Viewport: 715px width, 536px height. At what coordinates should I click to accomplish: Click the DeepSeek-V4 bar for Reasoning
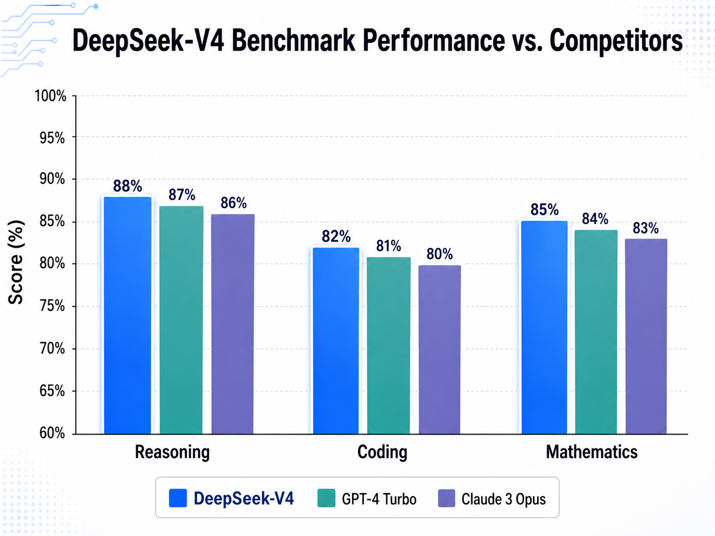pos(127,316)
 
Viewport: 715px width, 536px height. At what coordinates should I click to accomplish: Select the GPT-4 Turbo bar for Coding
pos(389,345)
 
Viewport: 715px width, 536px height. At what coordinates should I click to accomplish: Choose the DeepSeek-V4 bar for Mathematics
pos(545,328)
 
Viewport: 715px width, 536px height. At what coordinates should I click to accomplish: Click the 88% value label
pos(127,186)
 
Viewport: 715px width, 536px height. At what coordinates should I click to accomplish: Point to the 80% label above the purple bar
pos(439,254)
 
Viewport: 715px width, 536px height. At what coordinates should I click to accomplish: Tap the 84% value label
pos(595,219)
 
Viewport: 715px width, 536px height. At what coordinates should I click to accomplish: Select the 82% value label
pos(336,236)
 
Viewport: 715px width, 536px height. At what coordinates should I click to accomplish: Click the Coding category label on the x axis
pos(382,452)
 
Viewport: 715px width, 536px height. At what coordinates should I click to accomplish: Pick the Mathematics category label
pos(592,452)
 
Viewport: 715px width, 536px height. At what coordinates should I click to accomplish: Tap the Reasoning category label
pos(172,452)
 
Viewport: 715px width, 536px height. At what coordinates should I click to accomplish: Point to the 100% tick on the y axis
pos(50,96)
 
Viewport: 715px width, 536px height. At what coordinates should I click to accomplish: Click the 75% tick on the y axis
pos(52,306)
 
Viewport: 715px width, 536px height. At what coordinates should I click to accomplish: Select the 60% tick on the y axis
pos(52,433)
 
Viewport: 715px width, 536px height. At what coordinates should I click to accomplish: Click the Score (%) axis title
pos(16,262)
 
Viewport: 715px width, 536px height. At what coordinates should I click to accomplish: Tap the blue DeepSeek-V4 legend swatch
pos(178,498)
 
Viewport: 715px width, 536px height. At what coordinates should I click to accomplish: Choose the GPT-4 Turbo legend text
pos(379,499)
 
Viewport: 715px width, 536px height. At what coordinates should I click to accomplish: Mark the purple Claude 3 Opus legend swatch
pos(446,498)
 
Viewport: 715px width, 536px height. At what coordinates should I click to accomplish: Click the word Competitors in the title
pos(616,40)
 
